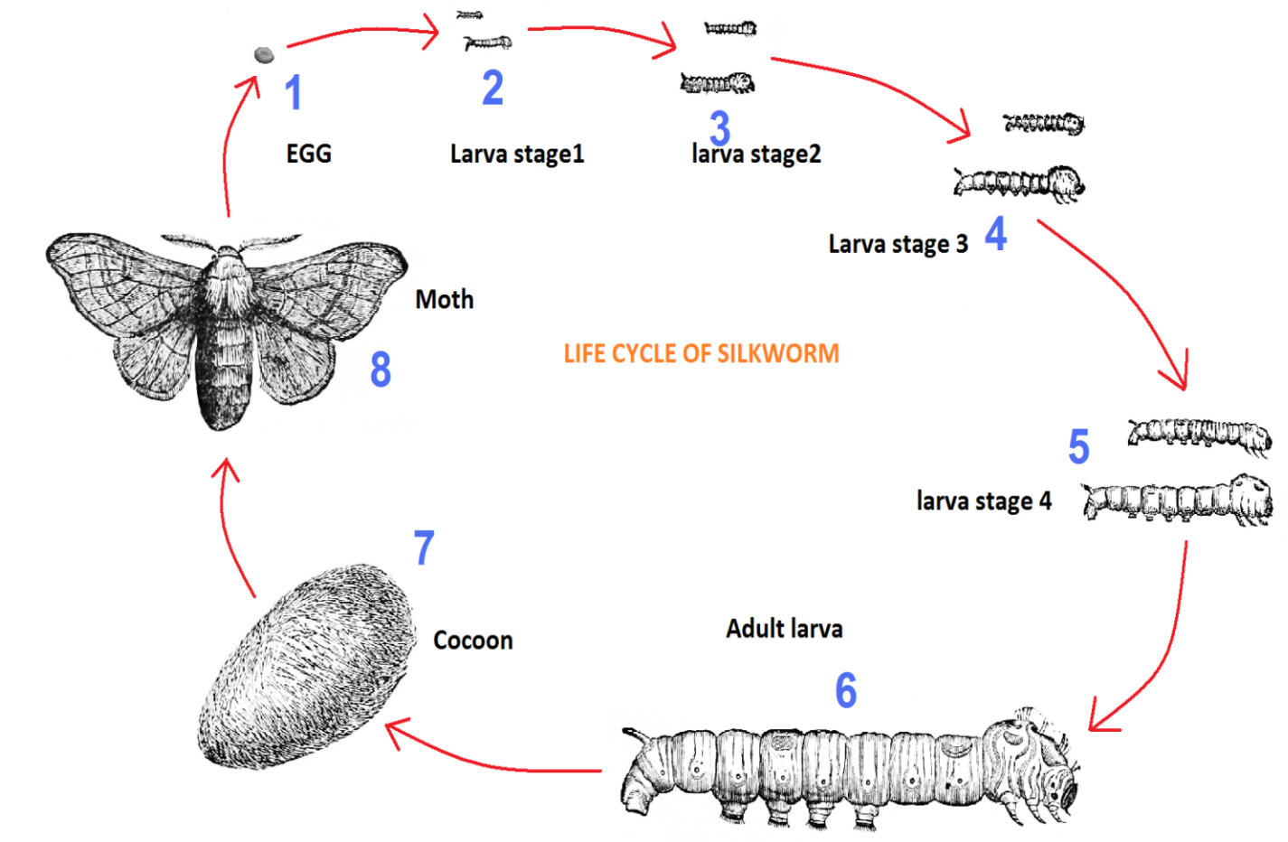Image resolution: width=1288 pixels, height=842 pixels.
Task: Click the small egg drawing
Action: tap(264, 55)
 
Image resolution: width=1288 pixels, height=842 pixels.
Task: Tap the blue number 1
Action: tap(293, 92)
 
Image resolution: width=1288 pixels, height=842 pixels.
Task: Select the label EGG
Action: tap(309, 154)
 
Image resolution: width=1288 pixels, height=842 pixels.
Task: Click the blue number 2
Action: tap(493, 88)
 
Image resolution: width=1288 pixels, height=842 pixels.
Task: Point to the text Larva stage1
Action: tap(517, 154)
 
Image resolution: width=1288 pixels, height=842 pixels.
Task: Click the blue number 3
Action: tap(719, 127)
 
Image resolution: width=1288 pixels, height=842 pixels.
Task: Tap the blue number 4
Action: tap(995, 234)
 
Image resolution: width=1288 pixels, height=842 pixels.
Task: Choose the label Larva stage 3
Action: tap(898, 244)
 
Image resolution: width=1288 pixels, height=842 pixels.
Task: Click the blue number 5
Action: tap(1078, 447)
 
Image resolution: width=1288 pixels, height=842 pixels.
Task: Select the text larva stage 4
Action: tap(983, 501)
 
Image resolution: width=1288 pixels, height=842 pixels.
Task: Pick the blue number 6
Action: tap(846, 691)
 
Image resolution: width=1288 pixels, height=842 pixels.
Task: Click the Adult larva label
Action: tap(784, 629)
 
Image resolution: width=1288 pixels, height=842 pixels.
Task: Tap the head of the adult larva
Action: tap(1048, 768)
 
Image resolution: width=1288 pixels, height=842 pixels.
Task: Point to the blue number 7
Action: tap(424, 547)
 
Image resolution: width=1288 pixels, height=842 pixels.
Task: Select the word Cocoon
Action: tap(473, 641)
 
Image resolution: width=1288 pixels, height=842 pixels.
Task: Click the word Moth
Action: tap(444, 300)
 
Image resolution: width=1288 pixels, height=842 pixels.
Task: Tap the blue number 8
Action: tap(381, 370)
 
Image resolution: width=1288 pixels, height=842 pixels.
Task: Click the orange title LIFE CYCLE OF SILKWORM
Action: tap(701, 353)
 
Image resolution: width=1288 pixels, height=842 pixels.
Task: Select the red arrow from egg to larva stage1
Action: tap(362, 33)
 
